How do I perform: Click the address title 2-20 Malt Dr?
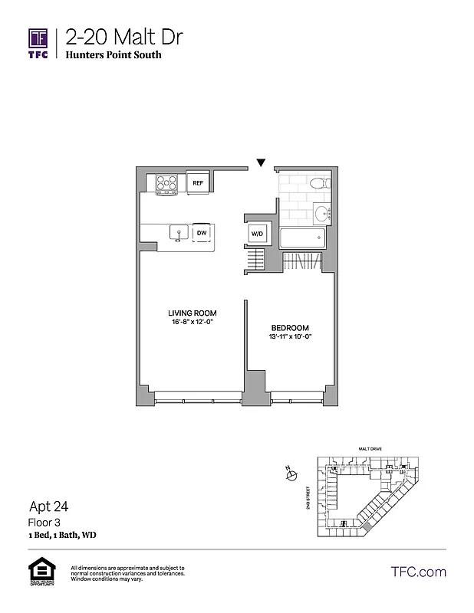coord(124,37)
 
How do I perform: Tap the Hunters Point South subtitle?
coord(113,55)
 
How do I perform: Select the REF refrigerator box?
coord(198,183)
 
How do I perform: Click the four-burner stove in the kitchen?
coord(167,183)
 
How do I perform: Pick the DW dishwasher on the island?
coord(202,232)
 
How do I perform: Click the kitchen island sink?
coord(177,232)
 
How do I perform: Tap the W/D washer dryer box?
coord(255,234)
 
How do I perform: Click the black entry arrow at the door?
coord(262,162)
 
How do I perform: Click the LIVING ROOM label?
coord(193,313)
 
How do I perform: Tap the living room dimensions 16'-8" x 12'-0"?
coord(193,323)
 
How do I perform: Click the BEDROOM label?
coord(290,327)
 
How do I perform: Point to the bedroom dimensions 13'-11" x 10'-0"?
coord(290,337)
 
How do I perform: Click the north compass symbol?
coord(291,476)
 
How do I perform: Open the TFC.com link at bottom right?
coord(418,572)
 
